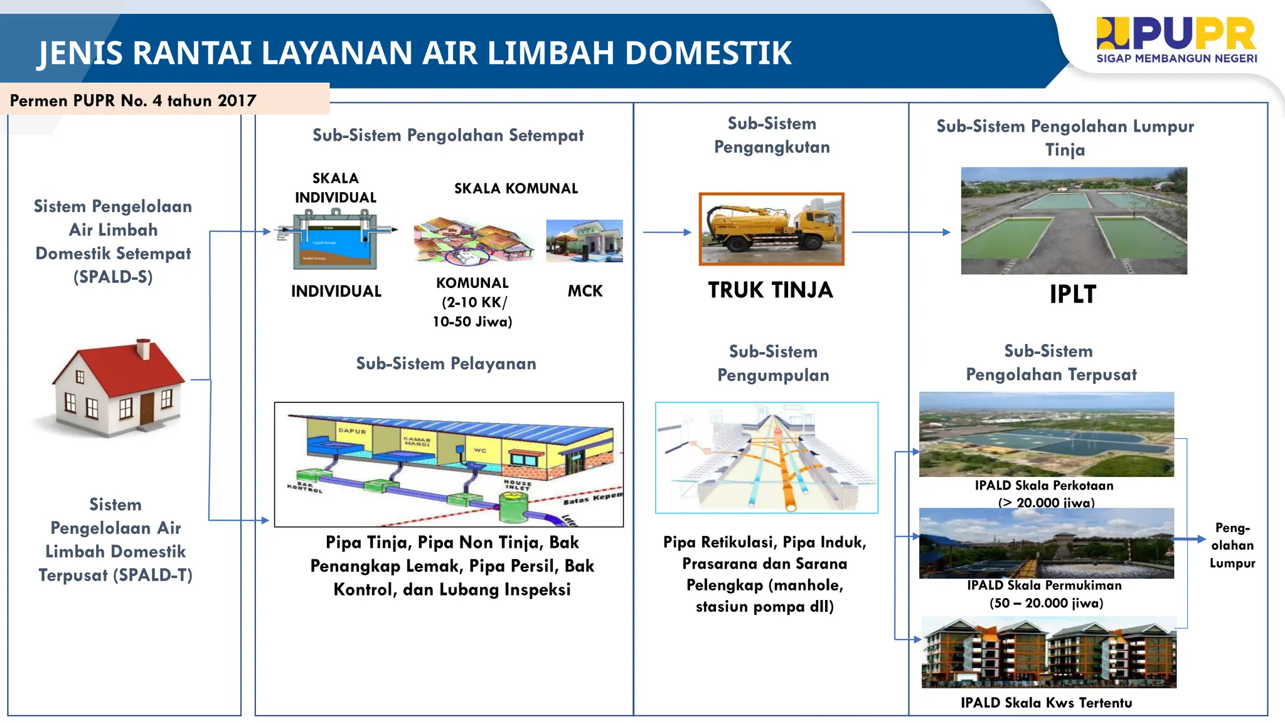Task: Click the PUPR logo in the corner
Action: pos(1176,40)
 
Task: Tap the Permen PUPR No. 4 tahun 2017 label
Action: pos(133,100)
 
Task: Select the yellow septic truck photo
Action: pos(771,229)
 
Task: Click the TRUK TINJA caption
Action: pos(770,290)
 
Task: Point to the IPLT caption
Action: pos(1073,294)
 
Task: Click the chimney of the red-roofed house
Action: pos(144,348)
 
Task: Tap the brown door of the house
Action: pos(147,408)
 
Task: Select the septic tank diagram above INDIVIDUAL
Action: pos(335,240)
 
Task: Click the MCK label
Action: pos(585,291)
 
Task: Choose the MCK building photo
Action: pos(584,240)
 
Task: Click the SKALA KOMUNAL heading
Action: pos(516,188)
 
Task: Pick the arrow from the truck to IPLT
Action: pos(901,232)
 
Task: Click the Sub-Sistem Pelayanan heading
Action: pos(446,363)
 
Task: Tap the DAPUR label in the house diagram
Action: pos(352,431)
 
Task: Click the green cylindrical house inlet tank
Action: pos(514,506)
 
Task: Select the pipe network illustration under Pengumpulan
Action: pos(766,458)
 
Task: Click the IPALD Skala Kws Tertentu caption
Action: pos(1046,703)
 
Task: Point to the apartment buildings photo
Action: pos(1048,653)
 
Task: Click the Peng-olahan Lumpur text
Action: pos(1232,545)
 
